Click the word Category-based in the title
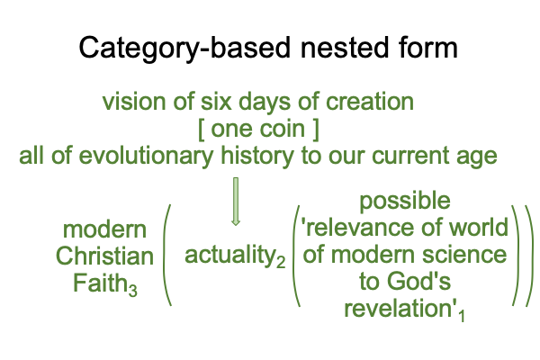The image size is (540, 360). click(184, 49)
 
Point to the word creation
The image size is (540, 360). click(370, 102)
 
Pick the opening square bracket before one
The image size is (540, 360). click(201, 130)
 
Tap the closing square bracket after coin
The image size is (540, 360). click(316, 130)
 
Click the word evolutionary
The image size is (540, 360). click(146, 157)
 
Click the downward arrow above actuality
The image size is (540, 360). click(236, 202)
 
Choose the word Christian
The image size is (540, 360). click(104, 256)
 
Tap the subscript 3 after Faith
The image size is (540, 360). click(133, 290)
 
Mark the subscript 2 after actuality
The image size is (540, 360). click(281, 262)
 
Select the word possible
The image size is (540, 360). click(405, 202)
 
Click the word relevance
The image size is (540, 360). click(357, 228)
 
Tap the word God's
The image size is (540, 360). click(418, 282)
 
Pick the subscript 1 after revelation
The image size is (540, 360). click(462, 316)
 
